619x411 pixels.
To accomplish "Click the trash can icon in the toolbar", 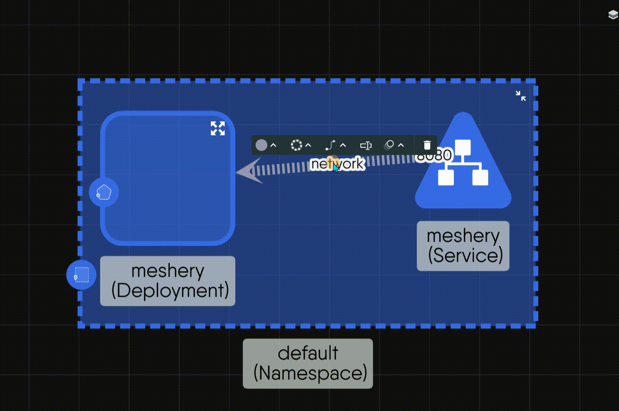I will [x=427, y=145].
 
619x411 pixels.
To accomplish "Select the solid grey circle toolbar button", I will [x=261, y=145].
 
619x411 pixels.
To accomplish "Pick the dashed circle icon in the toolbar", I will [x=296, y=145].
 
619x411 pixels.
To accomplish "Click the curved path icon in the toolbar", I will [x=330, y=145].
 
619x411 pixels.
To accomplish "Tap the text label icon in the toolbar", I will [x=366, y=146].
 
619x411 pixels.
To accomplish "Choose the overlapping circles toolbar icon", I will [x=389, y=145].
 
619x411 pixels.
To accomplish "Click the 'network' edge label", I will [x=337, y=164].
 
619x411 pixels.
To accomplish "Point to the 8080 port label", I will [x=435, y=155].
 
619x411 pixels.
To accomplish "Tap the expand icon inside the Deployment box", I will [x=217, y=128].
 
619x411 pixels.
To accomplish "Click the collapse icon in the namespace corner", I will [x=520, y=96].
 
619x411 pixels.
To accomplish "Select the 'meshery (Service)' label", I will [x=463, y=246].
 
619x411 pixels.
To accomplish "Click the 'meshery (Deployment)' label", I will [x=168, y=281].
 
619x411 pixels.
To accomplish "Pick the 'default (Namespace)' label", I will [x=308, y=364].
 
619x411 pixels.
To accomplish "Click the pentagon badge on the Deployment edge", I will [x=104, y=192].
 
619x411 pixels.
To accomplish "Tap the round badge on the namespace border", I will [x=81, y=275].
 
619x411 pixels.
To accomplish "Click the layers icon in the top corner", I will [x=613, y=15].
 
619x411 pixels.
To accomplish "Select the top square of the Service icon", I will [x=463, y=147].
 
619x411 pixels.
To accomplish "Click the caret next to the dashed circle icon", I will [x=308, y=145].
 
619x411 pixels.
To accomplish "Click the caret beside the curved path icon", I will [x=343, y=145].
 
